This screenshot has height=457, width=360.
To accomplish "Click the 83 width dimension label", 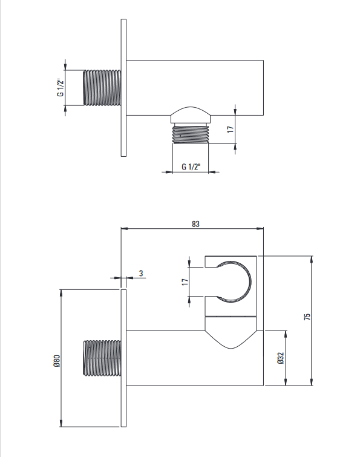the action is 195,224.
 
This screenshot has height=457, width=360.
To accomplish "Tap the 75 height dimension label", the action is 307,317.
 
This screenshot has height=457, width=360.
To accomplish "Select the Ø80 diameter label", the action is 56,361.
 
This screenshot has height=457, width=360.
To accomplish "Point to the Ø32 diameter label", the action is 281,358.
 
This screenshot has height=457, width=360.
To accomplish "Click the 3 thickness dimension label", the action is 141,274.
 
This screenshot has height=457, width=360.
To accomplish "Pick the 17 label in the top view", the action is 231,130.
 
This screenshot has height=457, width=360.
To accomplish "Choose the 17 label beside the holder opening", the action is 185,282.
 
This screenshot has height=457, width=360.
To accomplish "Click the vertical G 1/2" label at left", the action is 60,87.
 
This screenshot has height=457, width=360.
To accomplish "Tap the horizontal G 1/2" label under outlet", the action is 191,166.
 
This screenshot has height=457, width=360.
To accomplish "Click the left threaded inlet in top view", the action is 102,87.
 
